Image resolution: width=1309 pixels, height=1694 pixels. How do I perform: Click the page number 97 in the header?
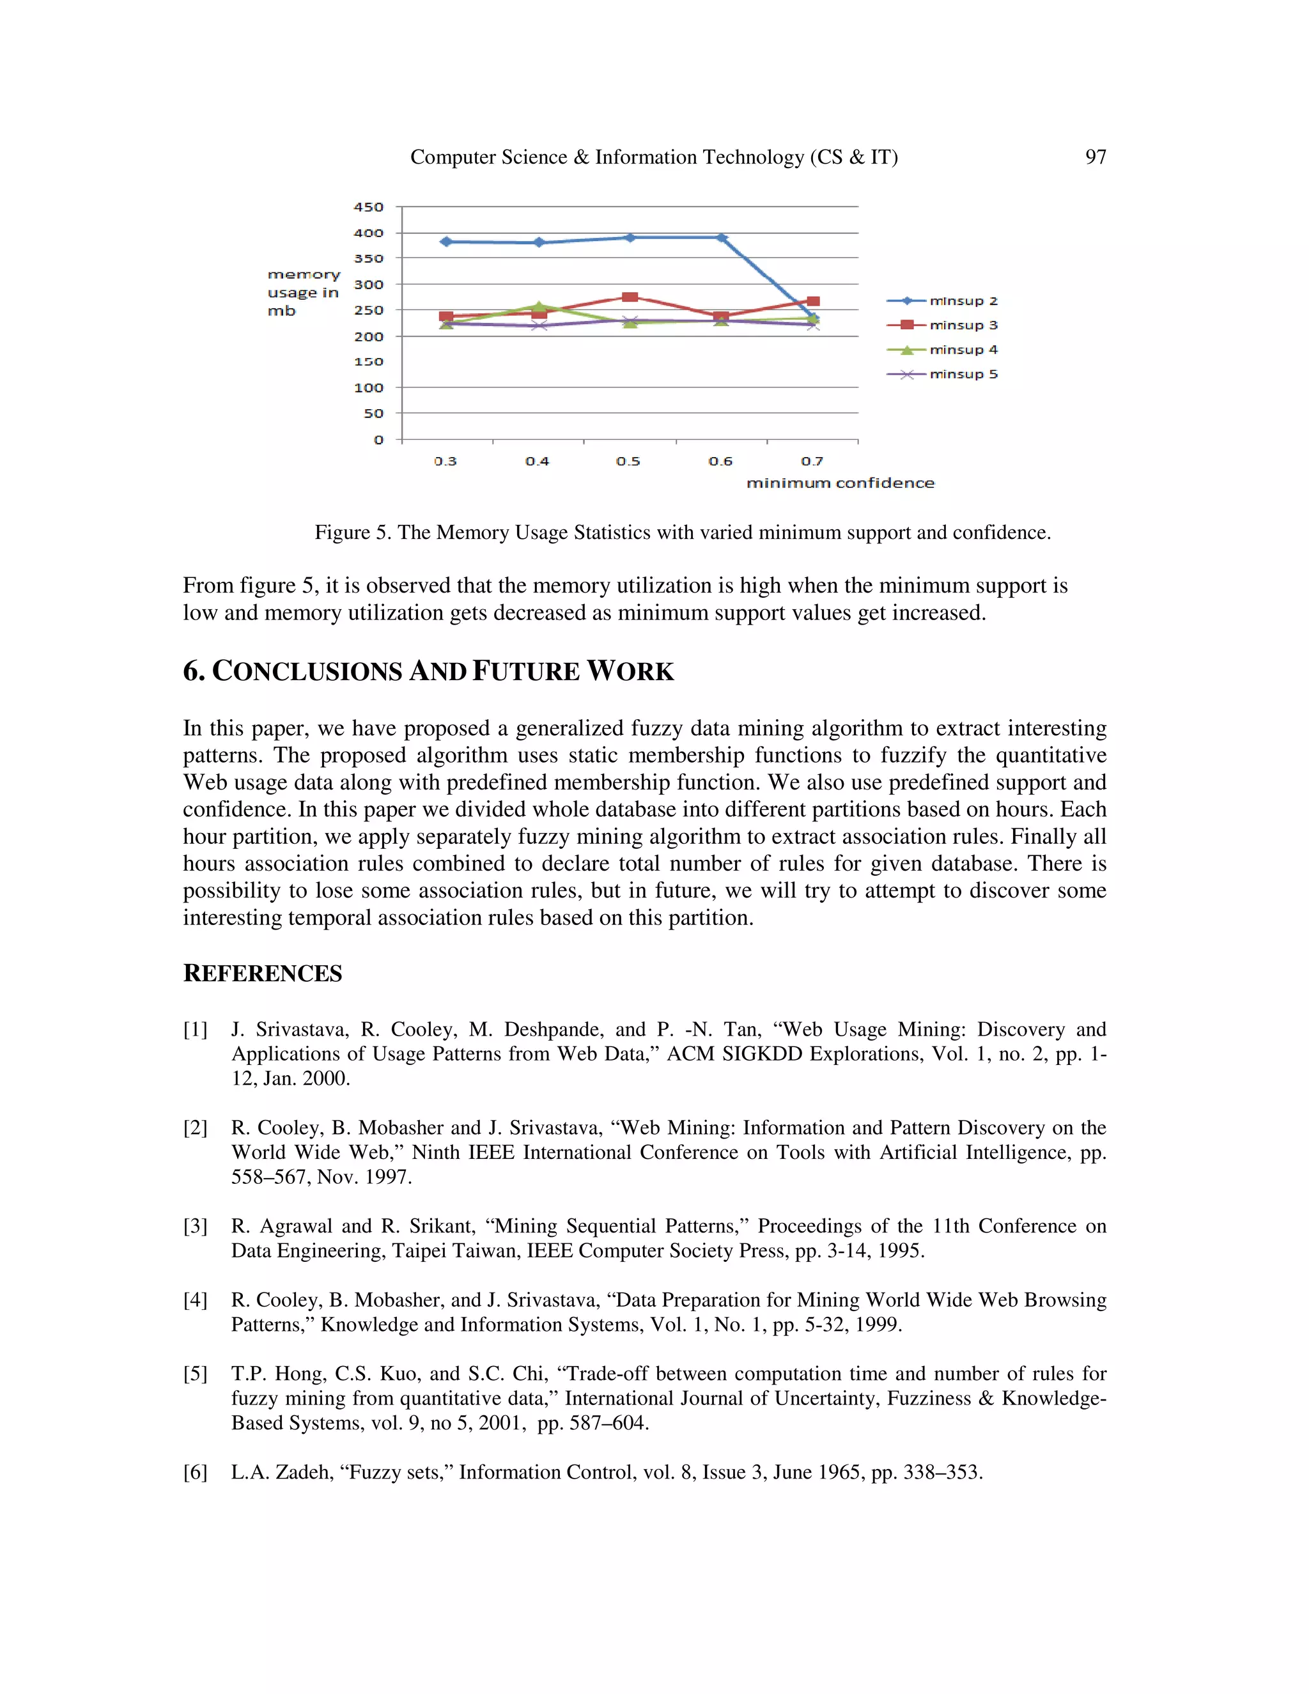click(1095, 157)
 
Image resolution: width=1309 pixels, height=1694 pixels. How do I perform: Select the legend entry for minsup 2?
click(943, 301)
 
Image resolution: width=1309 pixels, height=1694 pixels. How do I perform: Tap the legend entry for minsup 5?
click(943, 375)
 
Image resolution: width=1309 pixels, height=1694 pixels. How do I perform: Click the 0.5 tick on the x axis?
click(628, 462)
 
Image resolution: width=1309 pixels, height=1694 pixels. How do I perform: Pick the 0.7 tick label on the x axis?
click(812, 462)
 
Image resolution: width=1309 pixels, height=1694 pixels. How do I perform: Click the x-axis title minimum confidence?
click(840, 483)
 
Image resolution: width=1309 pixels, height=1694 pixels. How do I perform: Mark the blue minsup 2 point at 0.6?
click(721, 238)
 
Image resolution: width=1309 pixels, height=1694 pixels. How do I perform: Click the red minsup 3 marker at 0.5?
click(630, 297)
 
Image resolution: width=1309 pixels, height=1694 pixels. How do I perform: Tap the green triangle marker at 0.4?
click(538, 307)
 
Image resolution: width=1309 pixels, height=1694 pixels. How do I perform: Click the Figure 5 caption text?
click(683, 533)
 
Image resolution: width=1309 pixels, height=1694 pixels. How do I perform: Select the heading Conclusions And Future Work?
click(428, 672)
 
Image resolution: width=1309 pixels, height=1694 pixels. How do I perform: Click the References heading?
click(262, 974)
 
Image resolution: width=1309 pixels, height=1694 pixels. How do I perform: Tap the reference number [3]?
click(196, 1226)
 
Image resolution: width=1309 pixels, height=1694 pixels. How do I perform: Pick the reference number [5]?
click(196, 1374)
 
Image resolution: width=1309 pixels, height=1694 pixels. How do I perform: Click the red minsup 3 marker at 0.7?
click(813, 302)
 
